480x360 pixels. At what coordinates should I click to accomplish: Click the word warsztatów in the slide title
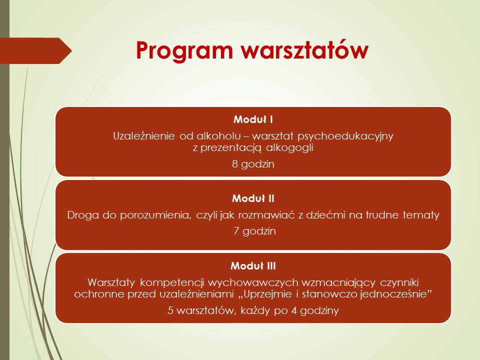(x=304, y=49)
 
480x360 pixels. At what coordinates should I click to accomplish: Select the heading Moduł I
(x=253, y=119)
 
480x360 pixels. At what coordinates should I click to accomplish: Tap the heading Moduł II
(x=253, y=198)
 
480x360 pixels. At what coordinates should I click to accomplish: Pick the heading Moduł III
(x=253, y=265)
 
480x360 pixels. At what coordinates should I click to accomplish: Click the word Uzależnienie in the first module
(x=144, y=136)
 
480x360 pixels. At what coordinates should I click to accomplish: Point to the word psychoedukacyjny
(x=345, y=136)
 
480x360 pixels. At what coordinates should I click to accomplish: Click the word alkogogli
(x=289, y=148)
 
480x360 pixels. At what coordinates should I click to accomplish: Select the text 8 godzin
(x=253, y=164)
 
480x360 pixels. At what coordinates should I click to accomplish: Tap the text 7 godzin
(x=254, y=231)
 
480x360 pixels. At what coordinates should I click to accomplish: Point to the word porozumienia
(x=155, y=215)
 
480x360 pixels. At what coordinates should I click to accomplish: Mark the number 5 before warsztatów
(x=170, y=310)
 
